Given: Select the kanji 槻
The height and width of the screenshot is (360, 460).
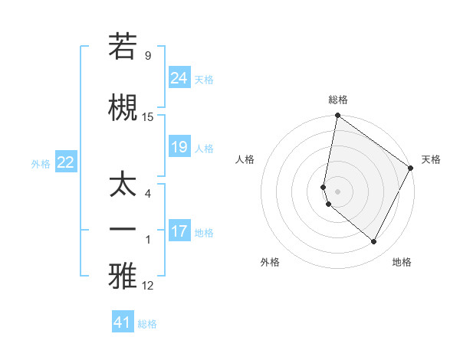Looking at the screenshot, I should click(123, 109).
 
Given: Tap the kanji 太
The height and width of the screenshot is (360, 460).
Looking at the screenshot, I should click(123, 187).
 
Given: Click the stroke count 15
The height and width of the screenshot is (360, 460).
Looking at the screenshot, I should click(148, 117).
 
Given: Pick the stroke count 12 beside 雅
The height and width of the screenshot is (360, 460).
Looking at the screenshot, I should click(148, 286).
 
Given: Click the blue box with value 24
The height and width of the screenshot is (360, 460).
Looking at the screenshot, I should click(179, 78).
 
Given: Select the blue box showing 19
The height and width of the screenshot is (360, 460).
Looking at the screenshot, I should click(179, 147).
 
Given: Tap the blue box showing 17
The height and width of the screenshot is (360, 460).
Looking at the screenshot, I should click(179, 231).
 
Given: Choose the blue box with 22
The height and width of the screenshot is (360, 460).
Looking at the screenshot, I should click(66, 162).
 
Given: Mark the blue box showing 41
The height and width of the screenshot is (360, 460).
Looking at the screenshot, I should click(123, 322).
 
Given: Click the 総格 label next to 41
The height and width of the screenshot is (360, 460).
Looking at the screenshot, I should click(147, 324).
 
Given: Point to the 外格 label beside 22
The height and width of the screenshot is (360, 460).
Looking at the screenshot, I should click(41, 163).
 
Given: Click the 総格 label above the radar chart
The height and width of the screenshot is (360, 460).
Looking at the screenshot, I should click(337, 100).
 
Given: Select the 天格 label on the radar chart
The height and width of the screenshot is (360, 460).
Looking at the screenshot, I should click(431, 159).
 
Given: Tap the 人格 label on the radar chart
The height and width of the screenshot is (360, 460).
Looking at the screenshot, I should click(245, 159).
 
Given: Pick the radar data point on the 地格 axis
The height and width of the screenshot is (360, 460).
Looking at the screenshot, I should click(373, 241).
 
